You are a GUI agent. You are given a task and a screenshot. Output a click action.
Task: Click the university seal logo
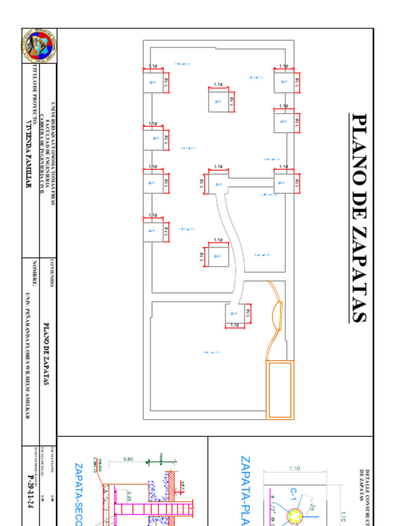coord(39,46)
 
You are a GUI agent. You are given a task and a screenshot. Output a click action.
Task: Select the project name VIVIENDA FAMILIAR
coord(29,154)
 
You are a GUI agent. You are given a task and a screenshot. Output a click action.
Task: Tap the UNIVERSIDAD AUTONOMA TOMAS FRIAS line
coord(52,154)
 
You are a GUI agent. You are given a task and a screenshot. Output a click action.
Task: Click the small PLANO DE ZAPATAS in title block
coord(46,354)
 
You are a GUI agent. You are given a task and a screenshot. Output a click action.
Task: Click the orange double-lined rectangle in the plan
coord(280,390)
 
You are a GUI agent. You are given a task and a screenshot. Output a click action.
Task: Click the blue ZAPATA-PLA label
coord(245,488)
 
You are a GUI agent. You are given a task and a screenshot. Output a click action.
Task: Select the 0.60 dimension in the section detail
coord(128,459)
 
